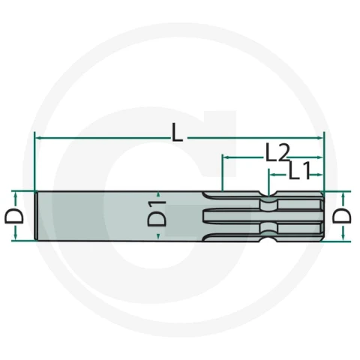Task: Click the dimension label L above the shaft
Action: (177, 133)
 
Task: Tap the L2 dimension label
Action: (277, 153)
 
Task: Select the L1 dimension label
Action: (299, 171)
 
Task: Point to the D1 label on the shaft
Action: (157, 213)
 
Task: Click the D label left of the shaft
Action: (14, 216)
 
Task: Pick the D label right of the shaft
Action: (342, 216)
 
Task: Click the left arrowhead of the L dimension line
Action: (38, 137)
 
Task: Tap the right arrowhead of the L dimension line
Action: (320, 137)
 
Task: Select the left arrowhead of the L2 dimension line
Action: (226, 157)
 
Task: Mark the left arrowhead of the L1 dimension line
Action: (271, 175)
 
